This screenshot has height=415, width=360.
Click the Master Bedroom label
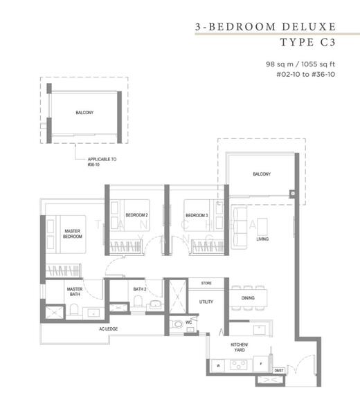click(x=73, y=234)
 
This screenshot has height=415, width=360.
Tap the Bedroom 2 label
click(x=136, y=215)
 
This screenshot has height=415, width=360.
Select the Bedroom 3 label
click(x=197, y=215)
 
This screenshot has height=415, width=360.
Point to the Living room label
click(x=262, y=239)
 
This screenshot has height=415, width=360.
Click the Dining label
click(x=248, y=298)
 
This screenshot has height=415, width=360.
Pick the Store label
click(x=206, y=284)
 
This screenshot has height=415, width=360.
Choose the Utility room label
click(x=206, y=302)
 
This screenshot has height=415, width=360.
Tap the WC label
click(x=188, y=322)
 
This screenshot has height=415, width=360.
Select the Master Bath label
click(x=75, y=293)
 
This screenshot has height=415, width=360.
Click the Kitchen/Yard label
click(x=239, y=347)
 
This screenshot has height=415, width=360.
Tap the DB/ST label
click(x=279, y=371)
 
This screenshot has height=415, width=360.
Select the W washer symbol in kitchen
click(x=219, y=365)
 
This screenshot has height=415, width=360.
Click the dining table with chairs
click(x=249, y=297)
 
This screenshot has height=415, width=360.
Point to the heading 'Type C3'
click(x=308, y=42)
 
